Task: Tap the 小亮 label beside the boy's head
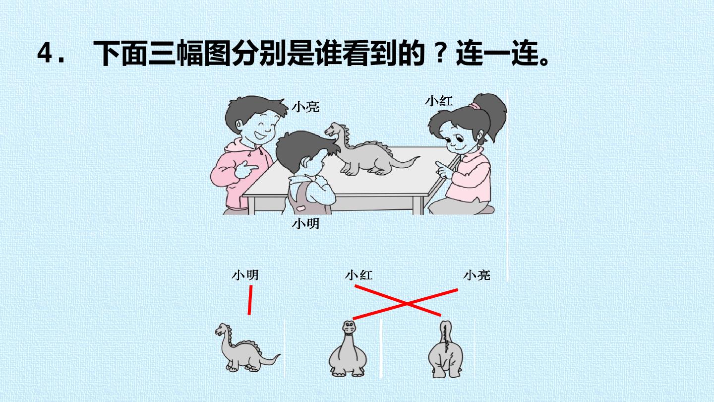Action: point(305,107)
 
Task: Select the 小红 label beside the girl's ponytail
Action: point(439,101)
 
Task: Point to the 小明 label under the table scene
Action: point(305,224)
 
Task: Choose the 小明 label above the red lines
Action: point(245,275)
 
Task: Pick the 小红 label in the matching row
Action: point(359,275)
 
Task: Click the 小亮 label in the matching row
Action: point(476,275)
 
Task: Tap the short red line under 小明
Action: point(250,300)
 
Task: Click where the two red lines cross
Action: point(407,304)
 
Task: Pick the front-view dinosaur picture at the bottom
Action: point(348,348)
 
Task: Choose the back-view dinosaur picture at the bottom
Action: point(445,349)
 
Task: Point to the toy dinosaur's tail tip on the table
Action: point(418,157)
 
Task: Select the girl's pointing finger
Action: point(440,165)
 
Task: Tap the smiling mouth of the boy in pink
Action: point(259,135)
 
